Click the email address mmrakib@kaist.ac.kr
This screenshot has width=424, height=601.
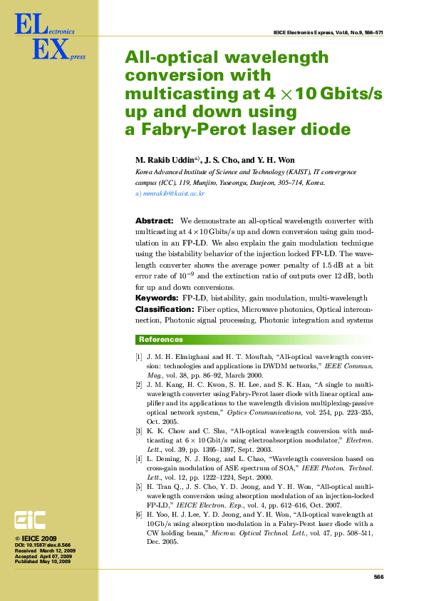(x=174, y=193)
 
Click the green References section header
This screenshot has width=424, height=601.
(x=160, y=340)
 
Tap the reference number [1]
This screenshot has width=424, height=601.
(x=139, y=355)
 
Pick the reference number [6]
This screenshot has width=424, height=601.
(x=139, y=515)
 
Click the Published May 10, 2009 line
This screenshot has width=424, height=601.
(x=43, y=562)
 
